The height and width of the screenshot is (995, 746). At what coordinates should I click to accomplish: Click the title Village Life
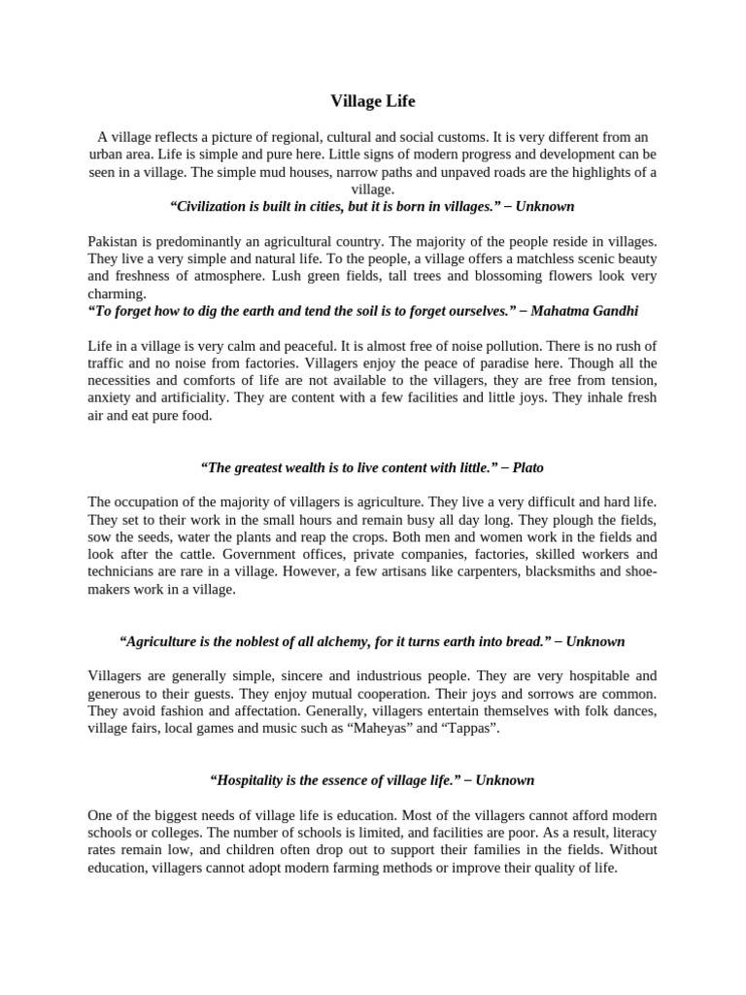373,100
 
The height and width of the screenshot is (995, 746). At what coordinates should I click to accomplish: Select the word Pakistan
114,240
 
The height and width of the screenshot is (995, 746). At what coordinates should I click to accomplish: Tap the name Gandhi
616,310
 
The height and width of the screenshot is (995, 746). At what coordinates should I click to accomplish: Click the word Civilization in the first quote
212,206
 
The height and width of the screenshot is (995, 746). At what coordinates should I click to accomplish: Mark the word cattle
200,555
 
